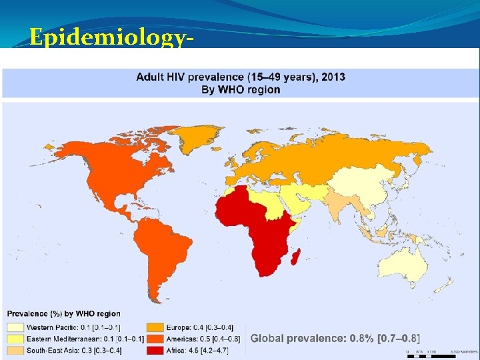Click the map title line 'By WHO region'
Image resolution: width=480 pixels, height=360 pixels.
241,89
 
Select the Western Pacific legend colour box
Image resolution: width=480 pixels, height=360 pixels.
15,327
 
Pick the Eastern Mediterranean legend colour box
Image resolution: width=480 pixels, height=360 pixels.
15,338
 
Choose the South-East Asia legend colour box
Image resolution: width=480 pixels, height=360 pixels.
15,349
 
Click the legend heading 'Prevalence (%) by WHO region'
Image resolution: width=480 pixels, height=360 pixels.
64,314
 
